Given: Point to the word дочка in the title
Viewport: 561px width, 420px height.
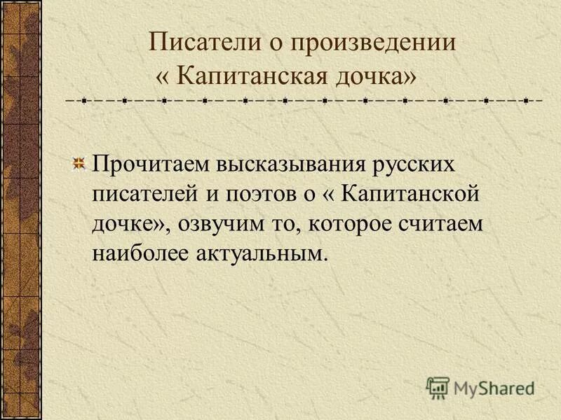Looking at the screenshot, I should point(369,74).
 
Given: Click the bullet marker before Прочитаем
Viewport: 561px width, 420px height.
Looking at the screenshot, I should point(79,164).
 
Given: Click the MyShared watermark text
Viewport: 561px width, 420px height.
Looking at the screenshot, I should point(494,386).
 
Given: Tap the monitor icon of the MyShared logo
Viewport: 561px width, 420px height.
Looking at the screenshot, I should point(438,386).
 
